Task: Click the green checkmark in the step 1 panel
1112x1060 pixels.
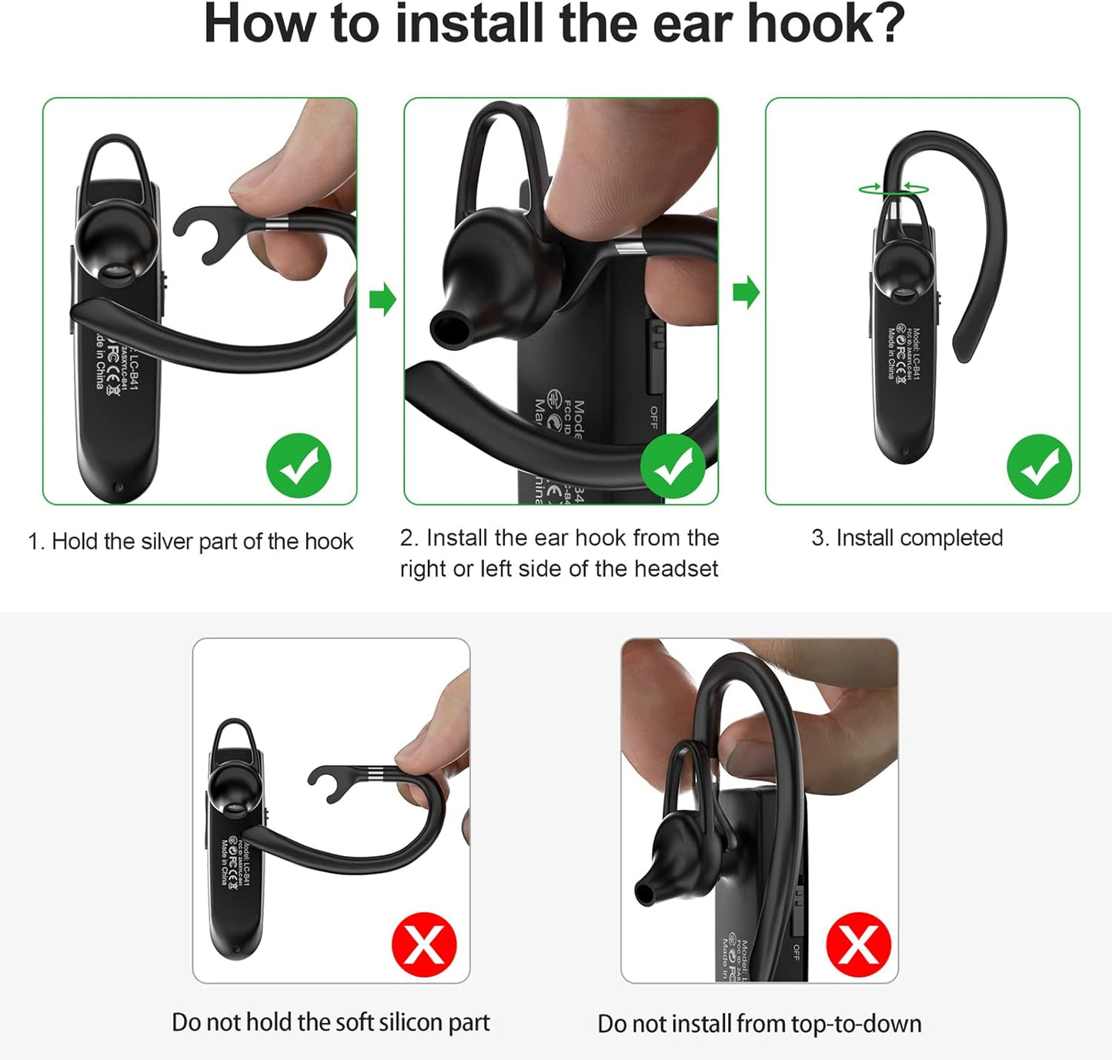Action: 299,466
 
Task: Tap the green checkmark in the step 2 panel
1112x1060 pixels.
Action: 673,466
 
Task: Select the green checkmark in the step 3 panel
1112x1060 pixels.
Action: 1039,466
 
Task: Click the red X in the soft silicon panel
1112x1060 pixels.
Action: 424,944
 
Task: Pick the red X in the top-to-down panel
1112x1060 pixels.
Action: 858,944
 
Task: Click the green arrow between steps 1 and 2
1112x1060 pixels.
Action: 382,299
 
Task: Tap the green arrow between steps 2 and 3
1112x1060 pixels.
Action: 745,293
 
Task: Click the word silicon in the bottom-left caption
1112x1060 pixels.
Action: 408,1022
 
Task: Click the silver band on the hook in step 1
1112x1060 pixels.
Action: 276,225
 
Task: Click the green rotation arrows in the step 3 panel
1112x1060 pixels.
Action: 893,188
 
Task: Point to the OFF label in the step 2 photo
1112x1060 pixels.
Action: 653,416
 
